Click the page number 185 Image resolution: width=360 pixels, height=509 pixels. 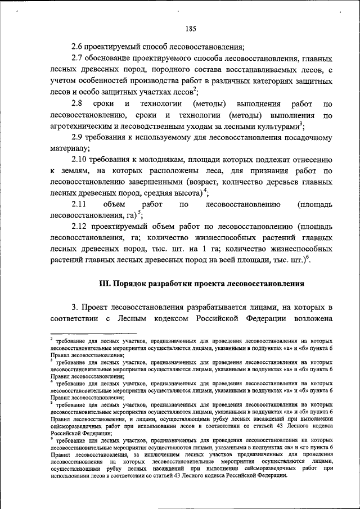point(189,29)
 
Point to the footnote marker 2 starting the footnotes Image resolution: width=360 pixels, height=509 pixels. point(51,339)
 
